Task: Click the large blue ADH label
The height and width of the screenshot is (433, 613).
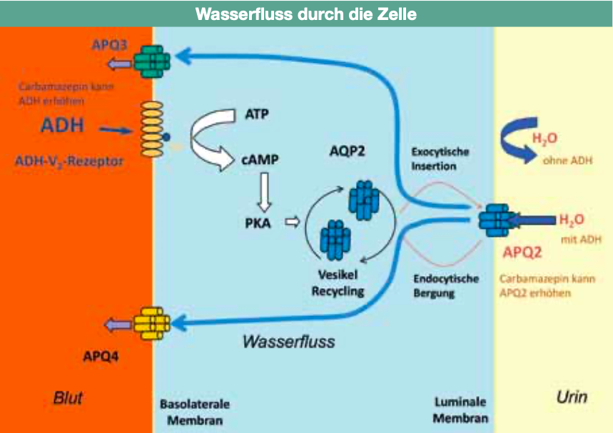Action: click(62, 126)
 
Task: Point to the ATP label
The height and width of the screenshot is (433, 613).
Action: click(256, 113)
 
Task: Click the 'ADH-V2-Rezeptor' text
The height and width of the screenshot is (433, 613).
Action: click(69, 161)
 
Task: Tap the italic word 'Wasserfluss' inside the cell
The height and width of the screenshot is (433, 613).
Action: click(288, 341)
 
